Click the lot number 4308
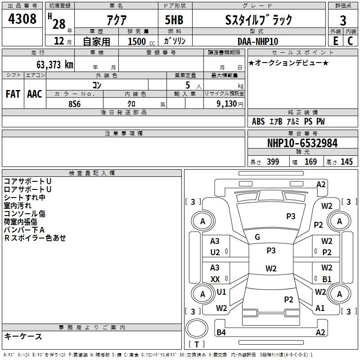pos(22,19)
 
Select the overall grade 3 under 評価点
pos(343,21)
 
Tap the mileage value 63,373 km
pos(55,65)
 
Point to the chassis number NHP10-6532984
pos(302,143)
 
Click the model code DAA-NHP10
pos(258,41)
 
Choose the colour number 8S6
pos(75,104)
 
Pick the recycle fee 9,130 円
pos(230,104)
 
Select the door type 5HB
pos(174,20)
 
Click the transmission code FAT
pos(13,94)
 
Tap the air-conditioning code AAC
pos(35,94)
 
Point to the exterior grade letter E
pos(335,41)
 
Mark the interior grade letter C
pos(350,41)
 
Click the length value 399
pos(273,162)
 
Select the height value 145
pos(346,162)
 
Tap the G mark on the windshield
pos(257,237)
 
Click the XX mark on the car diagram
pos(215,279)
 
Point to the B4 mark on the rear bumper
pos(221,332)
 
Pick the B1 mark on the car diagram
pos(327,279)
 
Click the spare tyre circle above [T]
pos(197,329)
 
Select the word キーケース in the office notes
pos(23,336)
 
